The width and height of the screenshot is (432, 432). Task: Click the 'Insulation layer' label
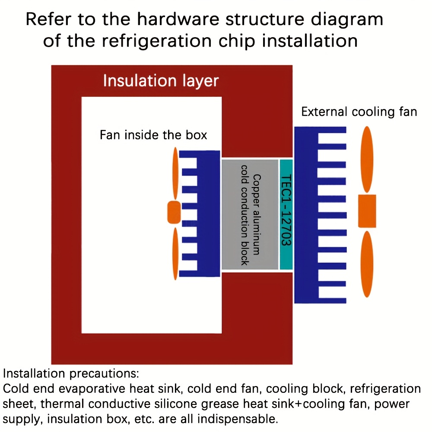pos(161,81)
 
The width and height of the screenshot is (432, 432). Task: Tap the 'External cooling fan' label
pos(359,112)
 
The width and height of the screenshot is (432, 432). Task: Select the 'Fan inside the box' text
pos(153,135)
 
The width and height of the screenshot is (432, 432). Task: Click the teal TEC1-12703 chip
pos(286,214)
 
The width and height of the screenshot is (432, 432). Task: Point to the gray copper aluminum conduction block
pos(250,214)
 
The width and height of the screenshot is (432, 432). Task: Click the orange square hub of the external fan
pos(367,211)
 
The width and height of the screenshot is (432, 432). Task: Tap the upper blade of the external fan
pos(367,159)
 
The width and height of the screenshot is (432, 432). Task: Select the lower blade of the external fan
pos(367,264)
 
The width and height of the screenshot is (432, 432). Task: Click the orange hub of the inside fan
pos(174,212)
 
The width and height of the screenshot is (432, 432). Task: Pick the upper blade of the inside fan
pos(175,174)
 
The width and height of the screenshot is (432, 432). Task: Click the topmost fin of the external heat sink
pos(332,130)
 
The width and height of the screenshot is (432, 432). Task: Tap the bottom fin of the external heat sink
pos(332,301)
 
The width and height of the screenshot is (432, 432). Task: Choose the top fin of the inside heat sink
pos(188,154)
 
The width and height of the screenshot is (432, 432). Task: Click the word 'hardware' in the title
pos(178,19)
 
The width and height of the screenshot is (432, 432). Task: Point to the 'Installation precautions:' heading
pos(71,374)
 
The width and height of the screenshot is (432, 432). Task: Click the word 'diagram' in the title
pos(347,20)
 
